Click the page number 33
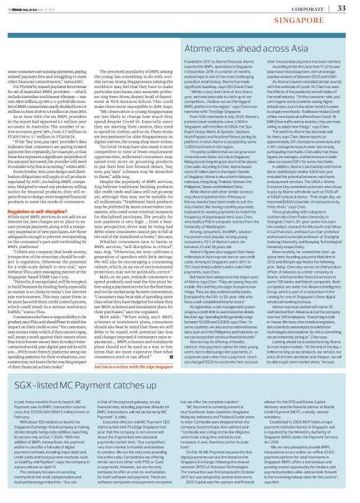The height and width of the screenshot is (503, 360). [x=341, y=7]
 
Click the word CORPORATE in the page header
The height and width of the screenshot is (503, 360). [x=304, y=8]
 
